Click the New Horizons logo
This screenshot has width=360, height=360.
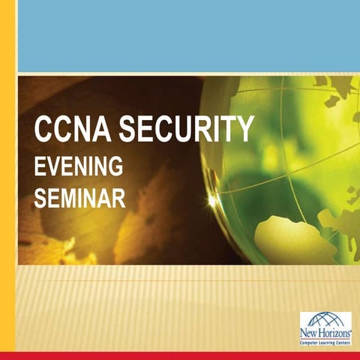325,328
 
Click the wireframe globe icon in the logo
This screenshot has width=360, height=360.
325,319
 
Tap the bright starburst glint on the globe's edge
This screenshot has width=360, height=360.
212,201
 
